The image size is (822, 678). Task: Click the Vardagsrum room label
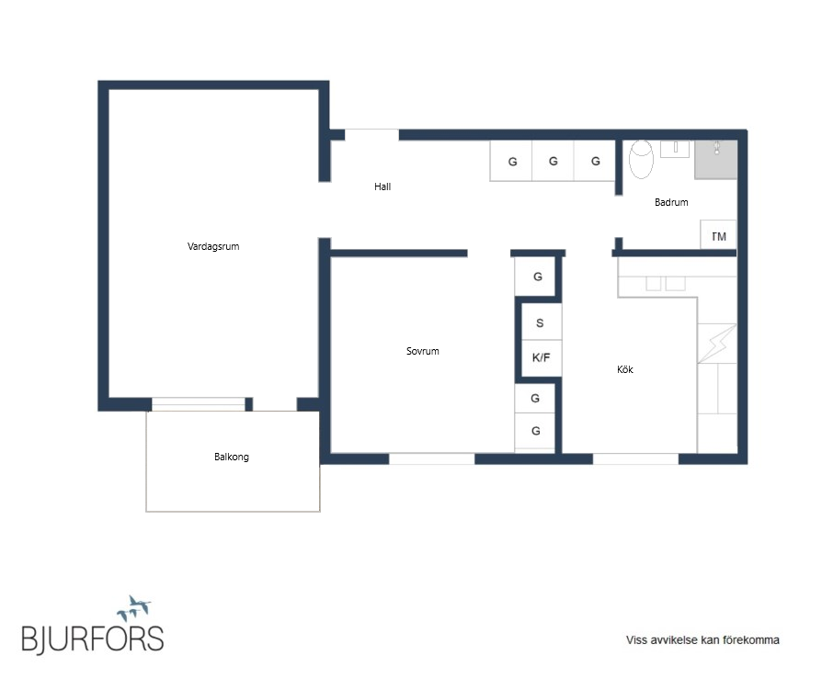pos(212,246)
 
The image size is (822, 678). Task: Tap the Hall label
pos(382,186)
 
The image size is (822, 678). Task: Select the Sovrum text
pos(423,351)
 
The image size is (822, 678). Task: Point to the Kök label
pos(625,369)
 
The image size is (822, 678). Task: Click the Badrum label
pos(671,202)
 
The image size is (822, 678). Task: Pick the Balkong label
pos(231,457)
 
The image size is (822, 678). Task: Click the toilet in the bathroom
pos(641,159)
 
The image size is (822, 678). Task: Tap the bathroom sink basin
pos(675,149)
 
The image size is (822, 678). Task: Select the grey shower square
pos(715,159)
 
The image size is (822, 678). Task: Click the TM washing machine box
pos(718,235)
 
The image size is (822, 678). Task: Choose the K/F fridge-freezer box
pos(541,358)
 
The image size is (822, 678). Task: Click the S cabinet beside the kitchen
pos(541,322)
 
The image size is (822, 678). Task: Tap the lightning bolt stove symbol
pos(716,344)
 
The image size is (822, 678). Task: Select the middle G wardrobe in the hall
pos(554,161)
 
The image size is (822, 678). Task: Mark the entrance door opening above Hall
pos(371,135)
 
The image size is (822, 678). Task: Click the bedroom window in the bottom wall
pos(431,459)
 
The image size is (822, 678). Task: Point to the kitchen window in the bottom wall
pos(635,459)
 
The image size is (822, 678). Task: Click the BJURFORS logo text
pos(93,638)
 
